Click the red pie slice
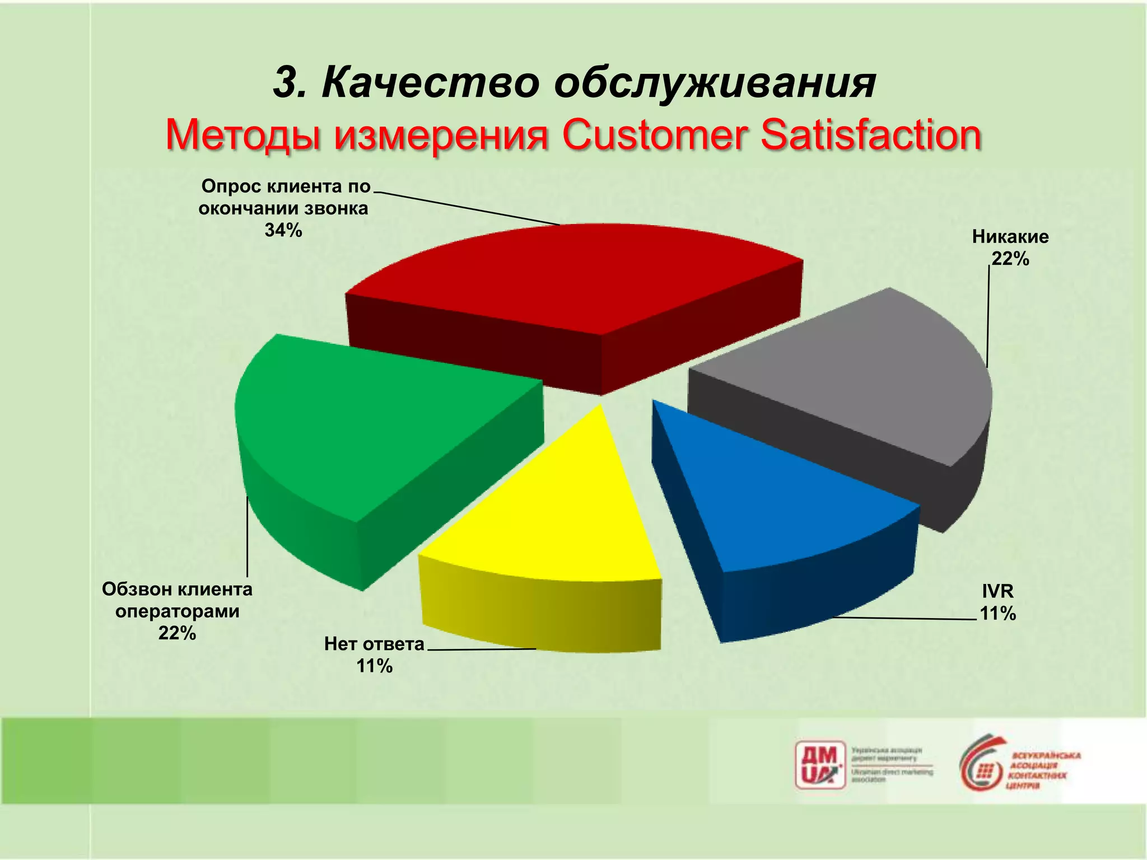click(571, 280)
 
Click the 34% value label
click(283, 230)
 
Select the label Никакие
click(1010, 237)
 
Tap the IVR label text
click(997, 591)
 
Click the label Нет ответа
click(374, 644)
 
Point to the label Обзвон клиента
click(177, 589)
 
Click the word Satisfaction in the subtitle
click(870, 135)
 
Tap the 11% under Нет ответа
click(374, 666)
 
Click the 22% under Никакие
click(1010, 259)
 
